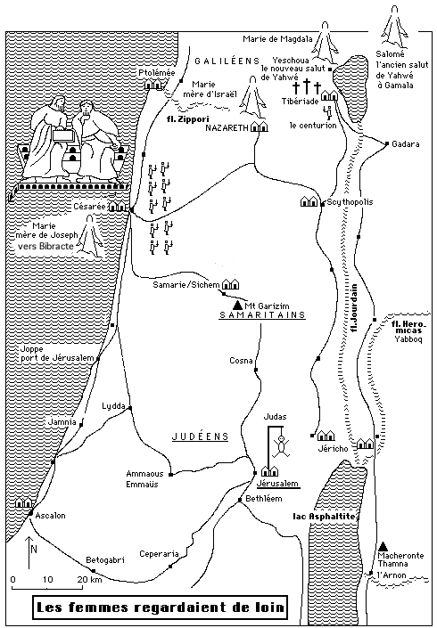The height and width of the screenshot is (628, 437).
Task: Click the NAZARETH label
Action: (x=227, y=127)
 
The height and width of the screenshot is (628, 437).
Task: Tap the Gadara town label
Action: (x=405, y=143)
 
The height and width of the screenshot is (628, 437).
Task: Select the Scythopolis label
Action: (x=350, y=202)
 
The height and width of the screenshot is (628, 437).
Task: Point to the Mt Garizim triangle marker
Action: (x=237, y=305)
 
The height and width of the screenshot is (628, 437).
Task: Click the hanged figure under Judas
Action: (x=282, y=446)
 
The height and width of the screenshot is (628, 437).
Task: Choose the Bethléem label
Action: (x=263, y=499)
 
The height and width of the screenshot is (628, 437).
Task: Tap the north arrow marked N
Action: (x=29, y=552)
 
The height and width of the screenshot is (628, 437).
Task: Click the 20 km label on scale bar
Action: (x=89, y=580)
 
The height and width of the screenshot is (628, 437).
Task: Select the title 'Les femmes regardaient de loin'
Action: (x=160, y=607)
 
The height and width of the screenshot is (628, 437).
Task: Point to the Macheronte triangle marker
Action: (x=383, y=545)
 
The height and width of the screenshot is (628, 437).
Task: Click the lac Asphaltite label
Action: (x=324, y=517)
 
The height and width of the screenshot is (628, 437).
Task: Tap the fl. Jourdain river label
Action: (x=353, y=307)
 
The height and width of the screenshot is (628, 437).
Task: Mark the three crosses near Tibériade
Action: (x=307, y=86)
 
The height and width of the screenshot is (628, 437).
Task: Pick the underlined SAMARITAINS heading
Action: (x=262, y=314)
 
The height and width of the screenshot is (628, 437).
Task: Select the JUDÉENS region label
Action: (x=200, y=436)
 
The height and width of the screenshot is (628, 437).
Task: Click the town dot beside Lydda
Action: (x=130, y=408)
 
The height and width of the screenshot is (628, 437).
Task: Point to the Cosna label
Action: (x=241, y=361)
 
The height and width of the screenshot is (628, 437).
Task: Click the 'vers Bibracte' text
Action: (x=45, y=246)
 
